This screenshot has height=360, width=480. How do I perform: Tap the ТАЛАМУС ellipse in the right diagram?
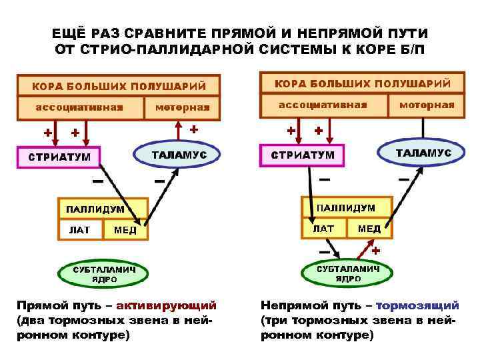tap(423, 153)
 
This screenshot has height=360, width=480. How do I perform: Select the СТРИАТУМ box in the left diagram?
tap(59, 157)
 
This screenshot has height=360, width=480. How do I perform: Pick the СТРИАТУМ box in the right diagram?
tap(303, 155)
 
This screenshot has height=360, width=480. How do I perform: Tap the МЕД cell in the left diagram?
tap(125, 230)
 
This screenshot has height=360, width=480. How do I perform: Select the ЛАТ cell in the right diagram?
tap(323, 228)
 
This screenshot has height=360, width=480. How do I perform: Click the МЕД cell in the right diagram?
tap(369, 228)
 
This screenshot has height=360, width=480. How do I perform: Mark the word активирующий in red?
tap(167, 306)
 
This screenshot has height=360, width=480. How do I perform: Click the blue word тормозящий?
tap(418, 306)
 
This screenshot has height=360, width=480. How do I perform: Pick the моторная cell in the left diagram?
tap(182, 107)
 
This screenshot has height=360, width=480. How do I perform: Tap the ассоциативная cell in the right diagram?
tap(323, 105)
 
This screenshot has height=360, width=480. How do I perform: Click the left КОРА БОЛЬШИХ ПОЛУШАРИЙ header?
tap(119, 86)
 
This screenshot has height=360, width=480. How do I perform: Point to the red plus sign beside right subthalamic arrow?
tap(376, 251)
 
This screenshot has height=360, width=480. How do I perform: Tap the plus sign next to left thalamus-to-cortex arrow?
tap(194, 128)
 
